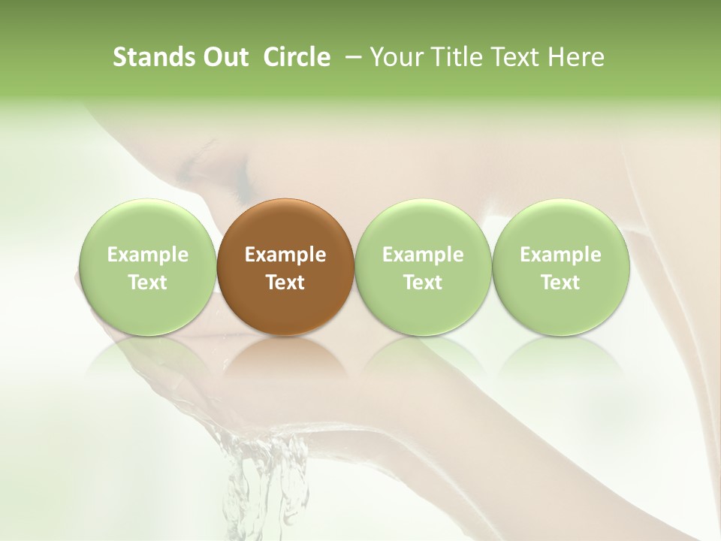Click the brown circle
pyautogui.click(x=285, y=266)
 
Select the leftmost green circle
pyautogui.click(x=148, y=266)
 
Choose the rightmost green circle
pyautogui.click(x=560, y=266)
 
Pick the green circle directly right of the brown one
pyautogui.click(x=423, y=266)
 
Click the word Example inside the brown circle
pyautogui.click(x=285, y=255)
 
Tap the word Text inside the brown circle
pyautogui.click(x=285, y=283)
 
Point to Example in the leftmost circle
pyautogui.click(x=148, y=255)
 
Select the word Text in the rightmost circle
pyautogui.click(x=560, y=283)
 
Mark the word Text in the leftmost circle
pyautogui.click(x=148, y=283)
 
